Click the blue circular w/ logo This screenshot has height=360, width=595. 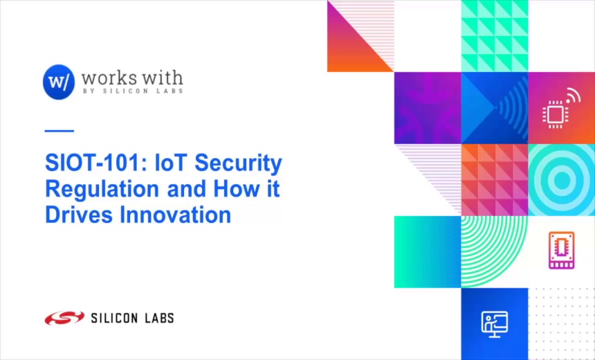(x=58, y=82)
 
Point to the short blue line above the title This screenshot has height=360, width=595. (x=59, y=130)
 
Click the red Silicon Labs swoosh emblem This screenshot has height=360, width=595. (x=64, y=318)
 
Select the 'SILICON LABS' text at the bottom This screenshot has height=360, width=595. (x=132, y=318)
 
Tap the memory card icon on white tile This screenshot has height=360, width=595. (x=561, y=249)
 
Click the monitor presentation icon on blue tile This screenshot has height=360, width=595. (x=494, y=323)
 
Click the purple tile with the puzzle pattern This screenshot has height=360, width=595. (x=428, y=108)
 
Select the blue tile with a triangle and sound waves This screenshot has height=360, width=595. (x=494, y=108)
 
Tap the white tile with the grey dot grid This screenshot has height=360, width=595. (x=561, y=323)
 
